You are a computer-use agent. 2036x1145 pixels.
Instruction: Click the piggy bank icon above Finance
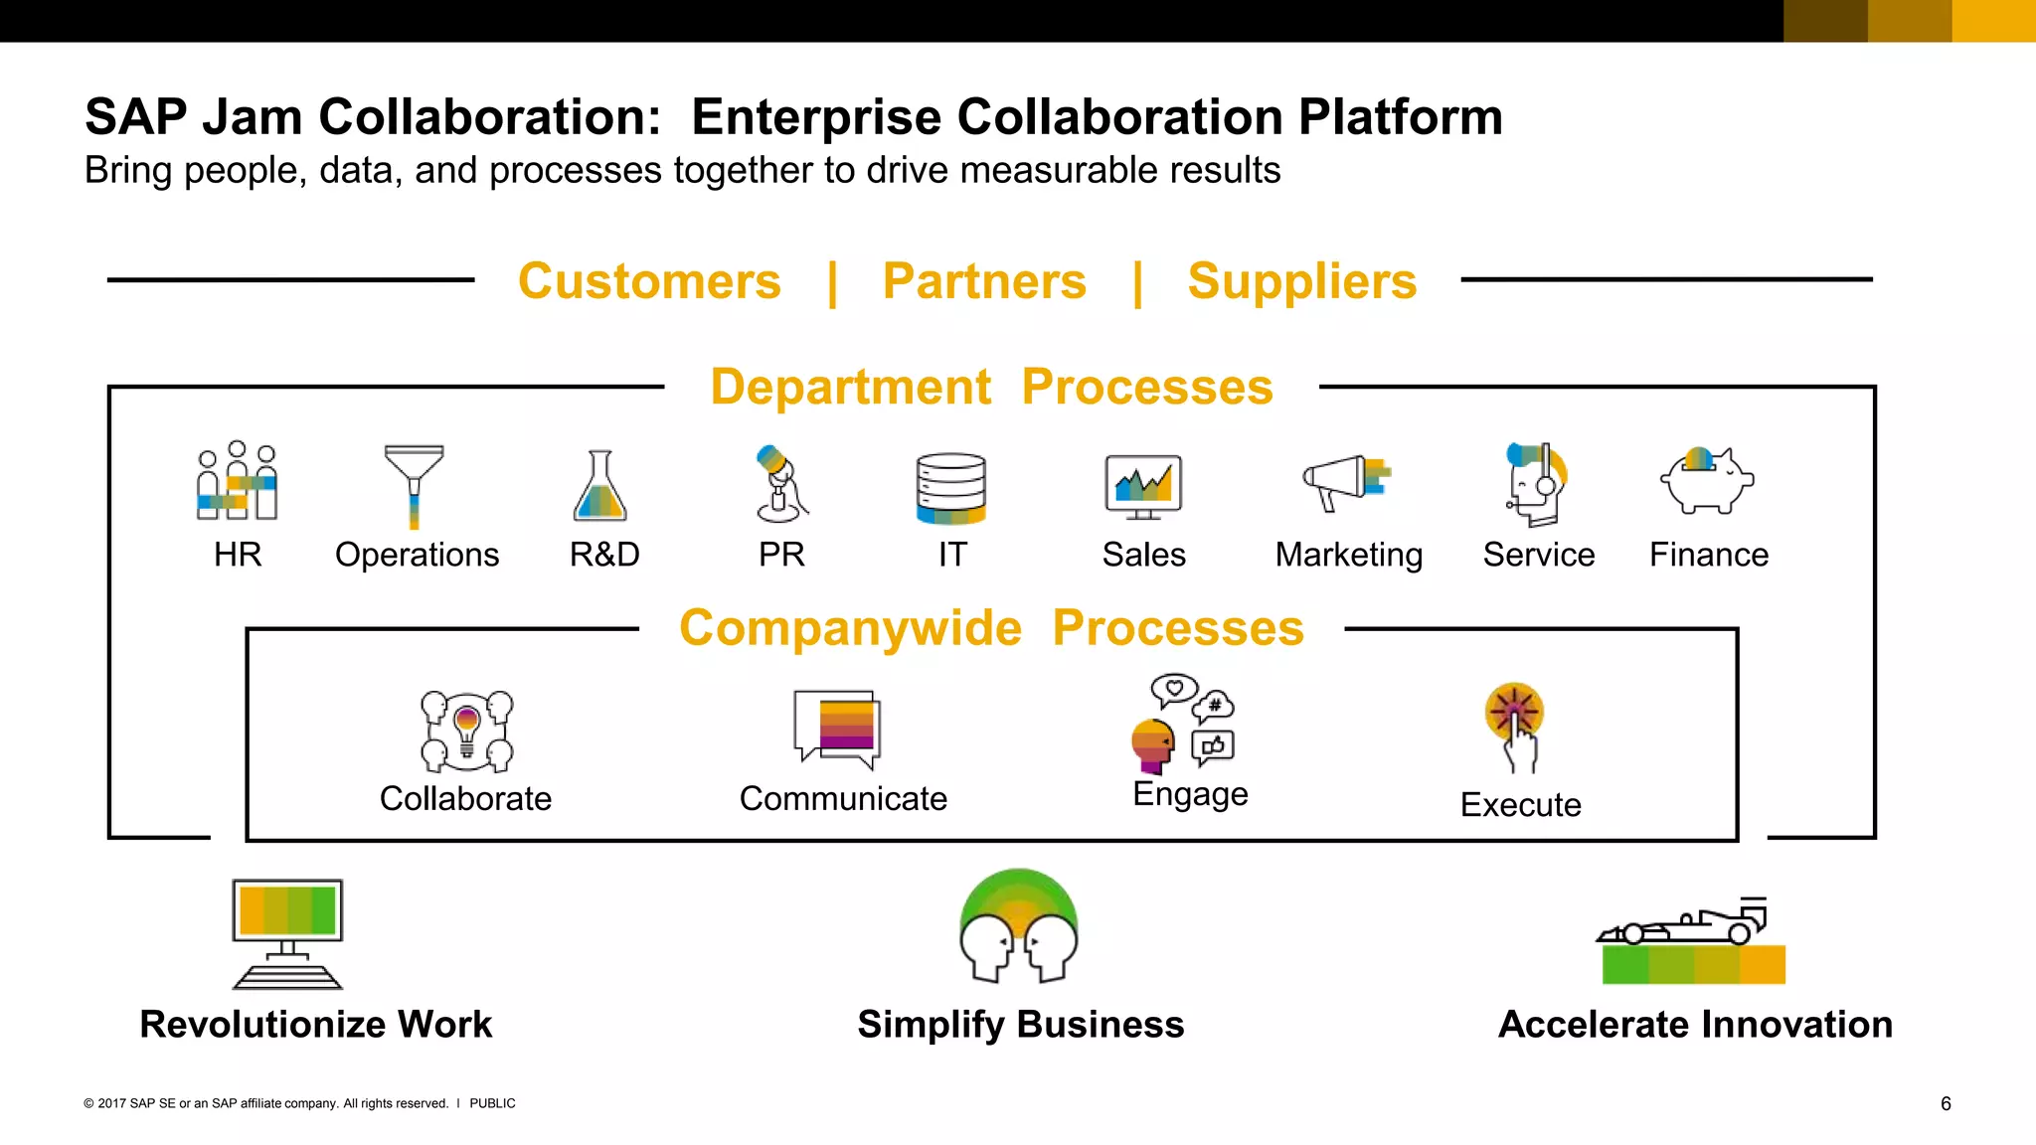(x=1706, y=481)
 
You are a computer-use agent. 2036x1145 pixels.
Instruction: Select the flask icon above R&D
(x=599, y=487)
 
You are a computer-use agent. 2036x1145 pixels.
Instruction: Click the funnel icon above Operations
(x=414, y=484)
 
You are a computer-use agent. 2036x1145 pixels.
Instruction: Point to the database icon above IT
(x=951, y=488)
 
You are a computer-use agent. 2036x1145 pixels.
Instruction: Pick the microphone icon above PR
(x=779, y=484)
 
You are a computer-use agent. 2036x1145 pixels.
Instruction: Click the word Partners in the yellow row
(x=984, y=281)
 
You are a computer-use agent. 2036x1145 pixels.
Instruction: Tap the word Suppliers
(x=1301, y=281)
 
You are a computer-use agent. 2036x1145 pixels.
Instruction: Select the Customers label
(x=649, y=281)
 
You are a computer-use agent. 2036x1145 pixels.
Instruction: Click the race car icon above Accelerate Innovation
(x=1690, y=940)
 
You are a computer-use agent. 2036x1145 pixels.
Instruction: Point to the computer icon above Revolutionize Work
(x=287, y=932)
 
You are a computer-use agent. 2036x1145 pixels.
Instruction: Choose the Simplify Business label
(x=1020, y=1024)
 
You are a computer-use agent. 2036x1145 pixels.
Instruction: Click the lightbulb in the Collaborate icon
(x=466, y=727)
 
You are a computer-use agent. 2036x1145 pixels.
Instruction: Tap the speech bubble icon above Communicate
(x=838, y=729)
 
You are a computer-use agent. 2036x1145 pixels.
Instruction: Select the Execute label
(x=1520, y=804)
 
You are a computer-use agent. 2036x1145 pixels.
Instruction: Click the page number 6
(x=1946, y=1103)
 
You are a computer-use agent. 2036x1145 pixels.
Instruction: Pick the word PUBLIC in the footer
(x=492, y=1103)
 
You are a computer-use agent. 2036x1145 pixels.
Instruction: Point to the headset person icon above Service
(x=1536, y=484)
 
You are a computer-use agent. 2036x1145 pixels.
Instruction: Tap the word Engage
(x=1190, y=794)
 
